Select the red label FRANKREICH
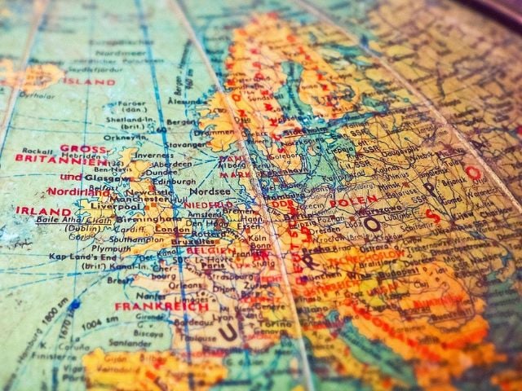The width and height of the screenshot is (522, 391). pyautogui.click(x=161, y=306)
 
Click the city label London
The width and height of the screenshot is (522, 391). pyautogui.click(x=172, y=230)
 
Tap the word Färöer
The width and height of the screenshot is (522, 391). pyautogui.click(x=131, y=103)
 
